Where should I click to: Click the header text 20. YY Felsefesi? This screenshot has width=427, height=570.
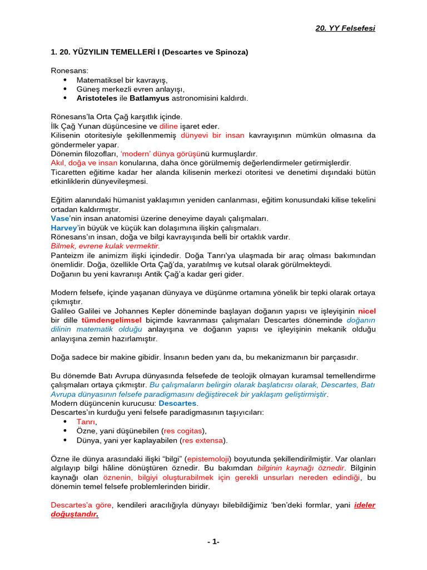(x=345, y=28)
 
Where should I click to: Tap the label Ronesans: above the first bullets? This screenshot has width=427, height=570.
(x=69, y=71)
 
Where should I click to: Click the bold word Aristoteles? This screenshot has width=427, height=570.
(x=97, y=98)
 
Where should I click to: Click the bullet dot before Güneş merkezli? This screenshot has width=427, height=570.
(x=64, y=89)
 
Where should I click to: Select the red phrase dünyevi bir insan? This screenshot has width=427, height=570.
(x=212, y=135)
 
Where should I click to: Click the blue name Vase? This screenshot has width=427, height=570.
(x=61, y=218)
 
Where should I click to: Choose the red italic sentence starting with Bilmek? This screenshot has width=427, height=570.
(x=105, y=246)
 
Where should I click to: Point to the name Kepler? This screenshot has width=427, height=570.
(x=172, y=311)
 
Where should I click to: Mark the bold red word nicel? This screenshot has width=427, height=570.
(x=366, y=311)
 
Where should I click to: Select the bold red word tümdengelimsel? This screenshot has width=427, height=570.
(x=111, y=320)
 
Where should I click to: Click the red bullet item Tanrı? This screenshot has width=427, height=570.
(x=86, y=421)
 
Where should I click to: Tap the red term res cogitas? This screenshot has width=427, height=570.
(x=183, y=430)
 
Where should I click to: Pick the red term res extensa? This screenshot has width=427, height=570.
(x=203, y=440)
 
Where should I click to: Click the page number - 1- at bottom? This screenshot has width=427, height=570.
(x=213, y=542)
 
